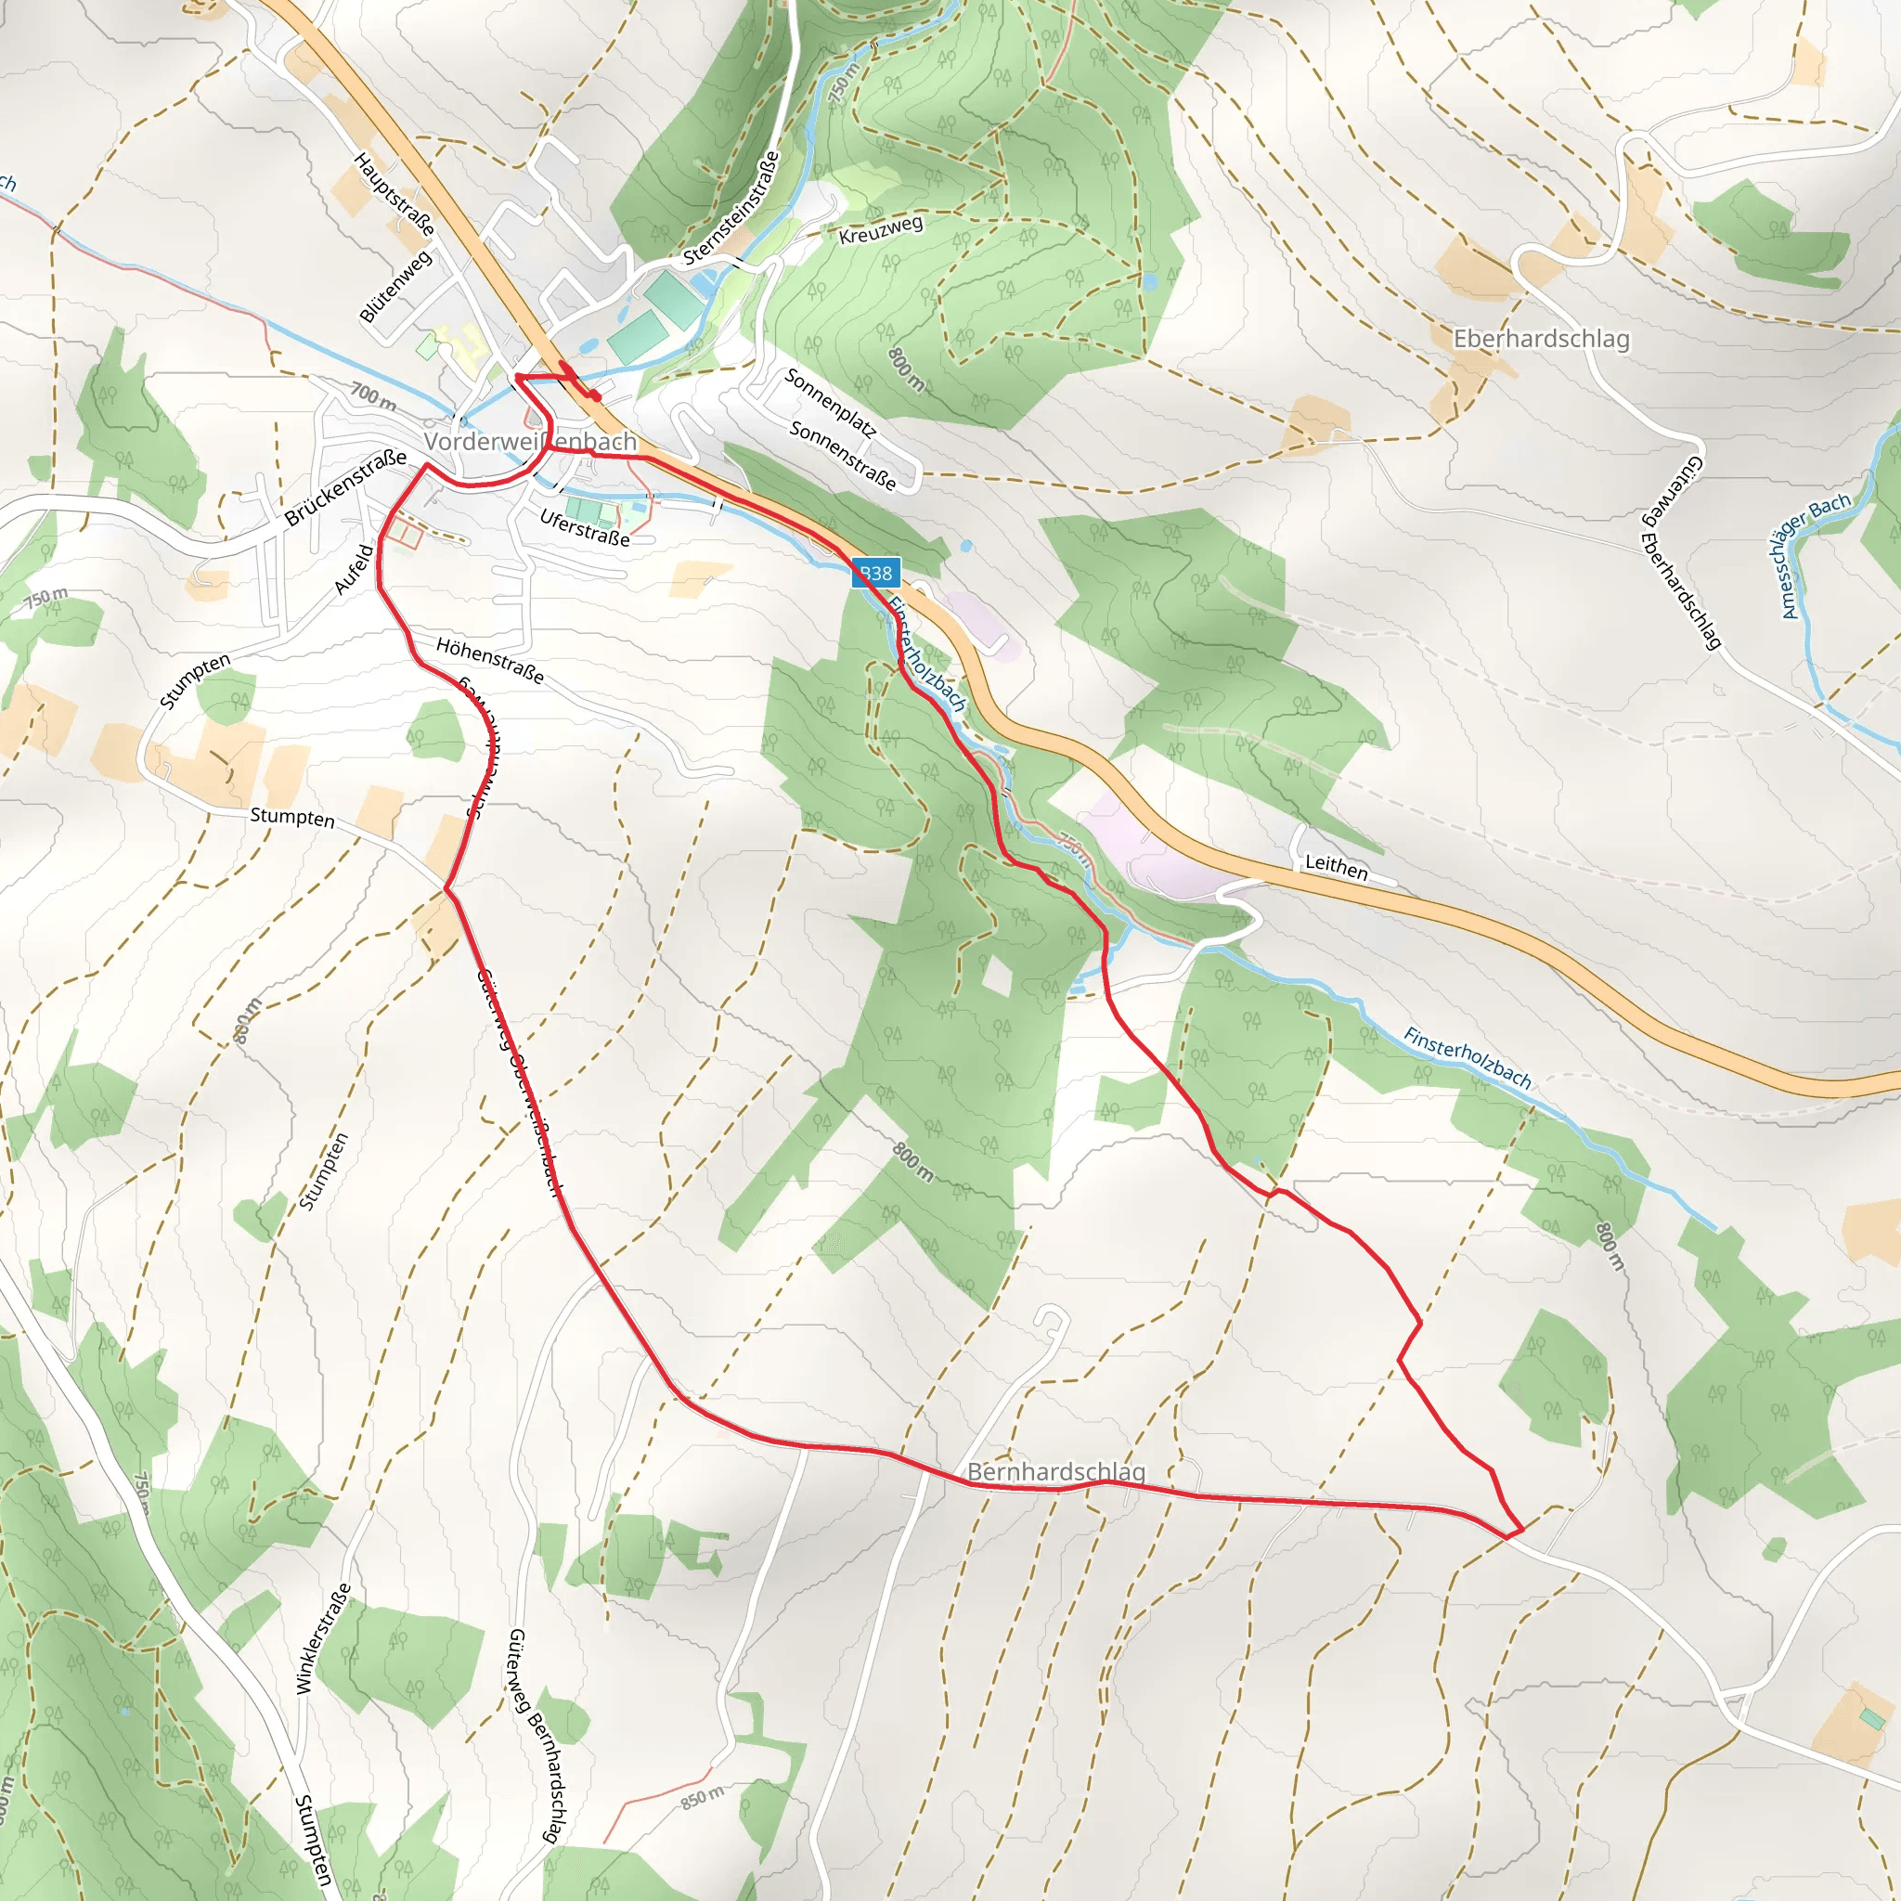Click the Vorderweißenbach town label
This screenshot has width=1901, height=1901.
point(530,442)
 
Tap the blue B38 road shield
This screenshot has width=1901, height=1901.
point(874,573)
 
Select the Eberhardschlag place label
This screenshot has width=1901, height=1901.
point(1541,339)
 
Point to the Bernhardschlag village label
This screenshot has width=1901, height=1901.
point(1055,1472)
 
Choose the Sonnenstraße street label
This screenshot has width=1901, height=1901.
point(842,456)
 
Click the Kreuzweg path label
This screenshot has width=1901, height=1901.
point(881,229)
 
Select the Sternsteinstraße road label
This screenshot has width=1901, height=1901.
point(731,208)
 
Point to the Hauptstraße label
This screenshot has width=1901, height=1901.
point(394,194)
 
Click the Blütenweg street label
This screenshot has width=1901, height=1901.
point(395,286)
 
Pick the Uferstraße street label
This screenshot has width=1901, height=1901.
point(585,527)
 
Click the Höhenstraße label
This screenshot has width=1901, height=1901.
point(490,660)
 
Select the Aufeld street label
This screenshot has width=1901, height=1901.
point(355,569)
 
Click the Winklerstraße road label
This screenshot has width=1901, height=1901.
point(323,1638)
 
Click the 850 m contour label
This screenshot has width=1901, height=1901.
point(703,1798)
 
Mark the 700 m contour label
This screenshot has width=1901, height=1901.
point(374,396)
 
